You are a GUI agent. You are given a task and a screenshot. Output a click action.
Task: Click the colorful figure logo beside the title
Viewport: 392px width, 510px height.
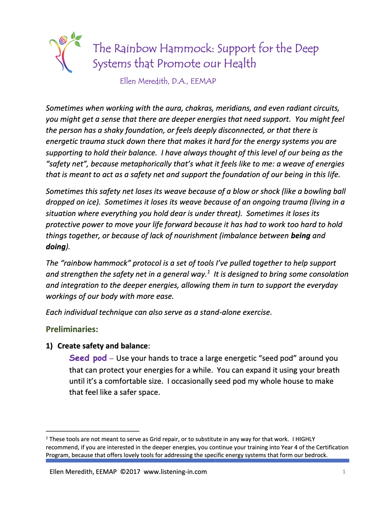65,52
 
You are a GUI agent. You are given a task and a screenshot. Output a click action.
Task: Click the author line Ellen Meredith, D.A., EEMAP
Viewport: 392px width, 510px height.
168,81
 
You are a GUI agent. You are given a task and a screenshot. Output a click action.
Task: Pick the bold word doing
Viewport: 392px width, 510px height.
56,247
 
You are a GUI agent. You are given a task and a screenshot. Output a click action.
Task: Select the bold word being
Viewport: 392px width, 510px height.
300,236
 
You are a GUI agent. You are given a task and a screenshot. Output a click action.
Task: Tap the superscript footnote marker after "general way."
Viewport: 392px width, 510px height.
208,272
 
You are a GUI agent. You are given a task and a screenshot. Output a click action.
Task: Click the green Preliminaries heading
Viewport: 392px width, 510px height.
72,329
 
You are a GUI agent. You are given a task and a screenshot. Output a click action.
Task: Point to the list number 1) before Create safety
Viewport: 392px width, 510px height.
49,346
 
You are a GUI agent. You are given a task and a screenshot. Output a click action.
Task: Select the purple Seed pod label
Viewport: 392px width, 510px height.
88,358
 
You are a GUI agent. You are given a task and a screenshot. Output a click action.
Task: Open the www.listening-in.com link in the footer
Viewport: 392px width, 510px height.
175,472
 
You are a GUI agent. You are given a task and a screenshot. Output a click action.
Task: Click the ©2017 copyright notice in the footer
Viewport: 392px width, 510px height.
130,472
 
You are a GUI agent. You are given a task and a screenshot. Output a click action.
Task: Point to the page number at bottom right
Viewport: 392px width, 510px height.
344,472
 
